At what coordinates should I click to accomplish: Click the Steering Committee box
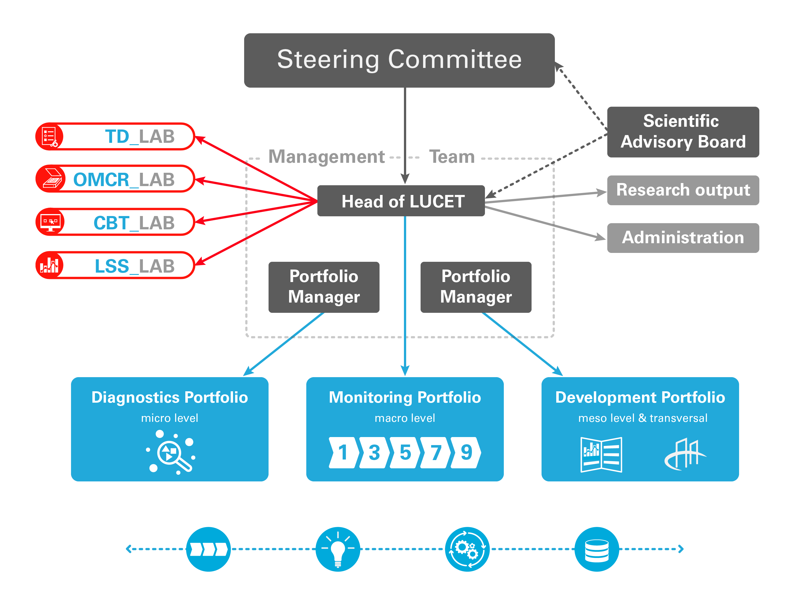click(x=399, y=60)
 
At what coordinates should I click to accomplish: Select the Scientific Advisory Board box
click(x=683, y=132)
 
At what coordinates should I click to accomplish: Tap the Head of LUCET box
click(x=401, y=201)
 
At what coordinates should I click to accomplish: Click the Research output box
click(x=683, y=190)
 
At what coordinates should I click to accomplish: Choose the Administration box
click(x=683, y=238)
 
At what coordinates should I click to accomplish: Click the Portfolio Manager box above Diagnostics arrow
click(x=324, y=287)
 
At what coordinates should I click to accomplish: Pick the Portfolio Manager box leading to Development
click(x=476, y=287)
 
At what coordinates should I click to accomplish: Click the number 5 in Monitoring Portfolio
click(x=405, y=452)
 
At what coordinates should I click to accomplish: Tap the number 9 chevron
click(x=466, y=452)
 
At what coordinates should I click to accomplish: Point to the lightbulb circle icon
click(x=338, y=549)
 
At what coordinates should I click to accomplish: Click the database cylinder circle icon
click(x=597, y=549)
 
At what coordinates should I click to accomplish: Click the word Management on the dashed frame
click(x=327, y=157)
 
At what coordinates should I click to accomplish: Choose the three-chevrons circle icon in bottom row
click(x=208, y=549)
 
